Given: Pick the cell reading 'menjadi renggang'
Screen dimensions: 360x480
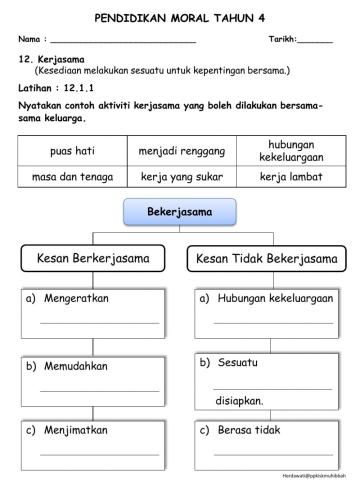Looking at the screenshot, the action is tap(181, 151).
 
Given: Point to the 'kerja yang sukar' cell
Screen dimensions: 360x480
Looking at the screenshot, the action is tap(181, 177).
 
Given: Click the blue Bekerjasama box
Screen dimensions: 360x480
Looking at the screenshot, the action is tap(179, 213).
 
